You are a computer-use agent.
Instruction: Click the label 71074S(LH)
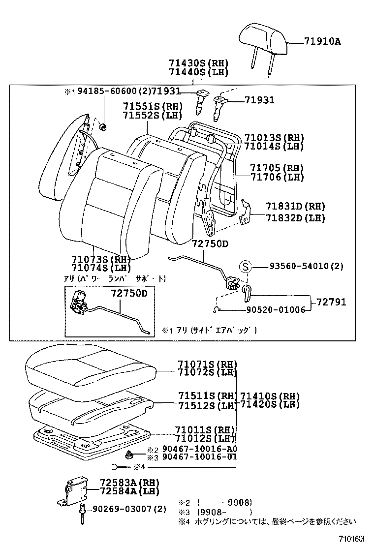[x=101, y=268]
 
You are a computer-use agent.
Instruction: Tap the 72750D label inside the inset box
[x=129, y=294]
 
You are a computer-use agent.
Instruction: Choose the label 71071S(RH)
[x=207, y=365]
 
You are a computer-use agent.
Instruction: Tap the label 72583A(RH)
[x=123, y=483]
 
